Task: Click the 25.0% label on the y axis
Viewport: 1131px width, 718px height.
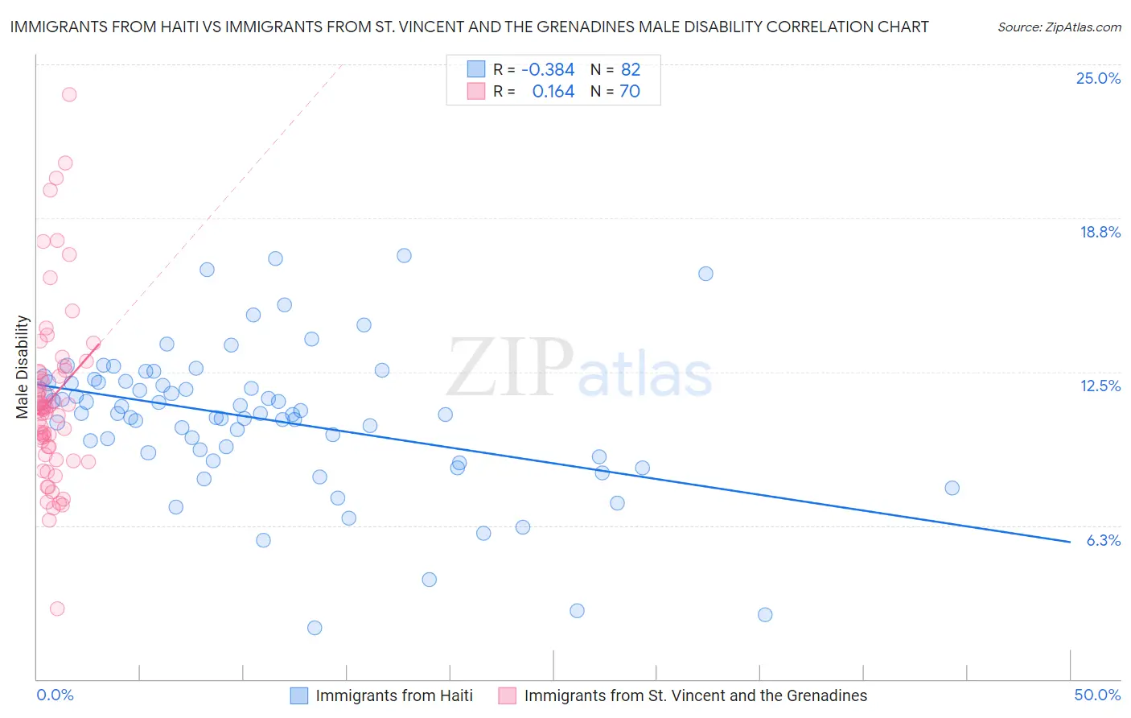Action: click(1098, 78)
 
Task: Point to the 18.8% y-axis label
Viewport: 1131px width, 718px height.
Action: click(1100, 232)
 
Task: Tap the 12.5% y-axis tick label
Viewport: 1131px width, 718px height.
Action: click(1100, 386)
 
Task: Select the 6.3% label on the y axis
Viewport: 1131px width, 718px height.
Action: click(1103, 540)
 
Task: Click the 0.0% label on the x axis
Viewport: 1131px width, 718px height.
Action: click(55, 695)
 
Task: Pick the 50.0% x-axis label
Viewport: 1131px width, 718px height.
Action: click(1097, 695)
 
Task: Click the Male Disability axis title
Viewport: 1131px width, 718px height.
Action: click(23, 366)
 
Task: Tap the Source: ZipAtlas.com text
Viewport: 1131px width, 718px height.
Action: click(1059, 27)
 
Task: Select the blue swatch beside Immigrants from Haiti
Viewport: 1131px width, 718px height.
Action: click(299, 695)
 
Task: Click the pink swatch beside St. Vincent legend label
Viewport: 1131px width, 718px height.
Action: click(507, 695)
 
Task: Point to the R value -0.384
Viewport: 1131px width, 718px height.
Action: click(548, 70)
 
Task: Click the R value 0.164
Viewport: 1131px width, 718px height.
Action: click(553, 92)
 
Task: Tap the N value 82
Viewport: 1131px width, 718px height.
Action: click(631, 70)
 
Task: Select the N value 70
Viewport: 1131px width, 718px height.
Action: click(630, 92)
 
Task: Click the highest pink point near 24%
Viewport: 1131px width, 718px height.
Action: click(69, 94)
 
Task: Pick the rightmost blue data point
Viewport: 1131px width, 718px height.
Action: click(952, 488)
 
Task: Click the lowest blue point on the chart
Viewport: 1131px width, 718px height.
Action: click(315, 628)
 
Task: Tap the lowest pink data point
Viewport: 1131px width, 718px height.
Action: click(57, 609)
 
